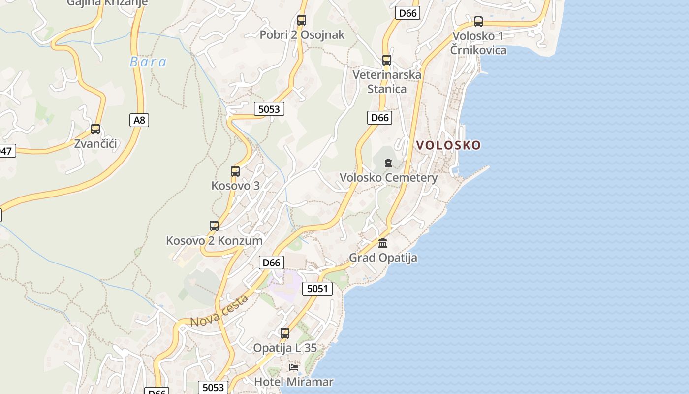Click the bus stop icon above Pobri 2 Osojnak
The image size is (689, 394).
[302, 20]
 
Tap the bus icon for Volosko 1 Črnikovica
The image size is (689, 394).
[478, 22]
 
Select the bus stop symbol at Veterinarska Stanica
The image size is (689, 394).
[387, 60]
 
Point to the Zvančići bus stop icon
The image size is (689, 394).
[95, 129]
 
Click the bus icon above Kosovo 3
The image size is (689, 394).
[235, 171]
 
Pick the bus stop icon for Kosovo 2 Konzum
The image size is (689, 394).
[214, 226]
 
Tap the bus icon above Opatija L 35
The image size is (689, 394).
[285, 333]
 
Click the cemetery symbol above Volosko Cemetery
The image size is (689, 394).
[388, 163]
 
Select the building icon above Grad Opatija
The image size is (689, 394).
[383, 243]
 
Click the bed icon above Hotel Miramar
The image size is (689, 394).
[294, 367]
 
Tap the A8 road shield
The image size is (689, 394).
[139, 120]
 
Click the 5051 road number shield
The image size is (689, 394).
[317, 289]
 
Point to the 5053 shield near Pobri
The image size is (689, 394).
[269, 109]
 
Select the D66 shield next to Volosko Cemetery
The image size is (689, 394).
[379, 118]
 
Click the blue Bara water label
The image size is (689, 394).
[148, 62]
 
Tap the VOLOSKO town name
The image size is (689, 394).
[448, 145]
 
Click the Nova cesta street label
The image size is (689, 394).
[219, 311]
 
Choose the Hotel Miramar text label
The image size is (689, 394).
[294, 382]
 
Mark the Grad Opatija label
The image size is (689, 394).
[383, 258]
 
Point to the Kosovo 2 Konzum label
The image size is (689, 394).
[214, 241]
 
